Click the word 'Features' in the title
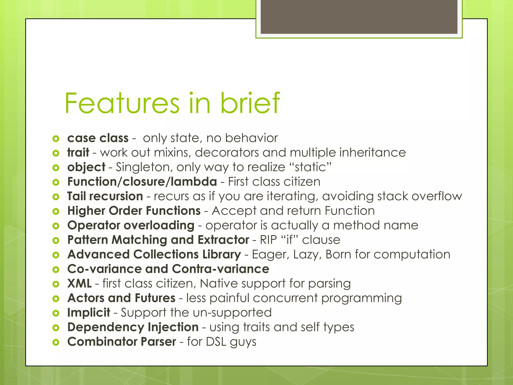coord(122,103)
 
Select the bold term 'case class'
coord(98,138)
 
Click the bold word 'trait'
coord(78,153)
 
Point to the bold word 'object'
coord(86,167)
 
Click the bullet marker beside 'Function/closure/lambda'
coord(56,182)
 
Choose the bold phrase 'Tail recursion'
coord(105,196)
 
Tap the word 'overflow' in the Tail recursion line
coord(437,196)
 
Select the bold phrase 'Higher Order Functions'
coord(134,211)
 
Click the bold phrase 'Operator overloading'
coord(131,225)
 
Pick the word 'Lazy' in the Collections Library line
coord(307,254)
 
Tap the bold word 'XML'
coord(79,283)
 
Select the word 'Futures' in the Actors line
coord(155,298)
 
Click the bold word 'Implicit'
coord(89,313)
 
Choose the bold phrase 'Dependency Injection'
coord(133,327)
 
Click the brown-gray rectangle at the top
coord(359,17)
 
